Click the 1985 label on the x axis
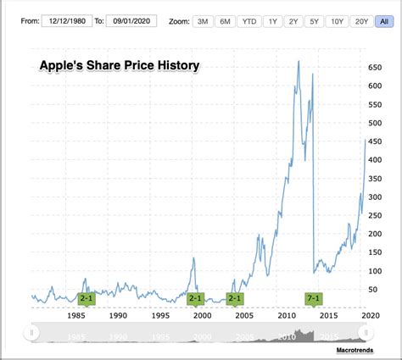(x=75, y=315)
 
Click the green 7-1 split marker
(x=314, y=298)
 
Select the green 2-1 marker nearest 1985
(x=87, y=298)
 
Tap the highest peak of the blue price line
(x=298, y=61)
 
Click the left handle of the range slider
(x=31, y=333)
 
